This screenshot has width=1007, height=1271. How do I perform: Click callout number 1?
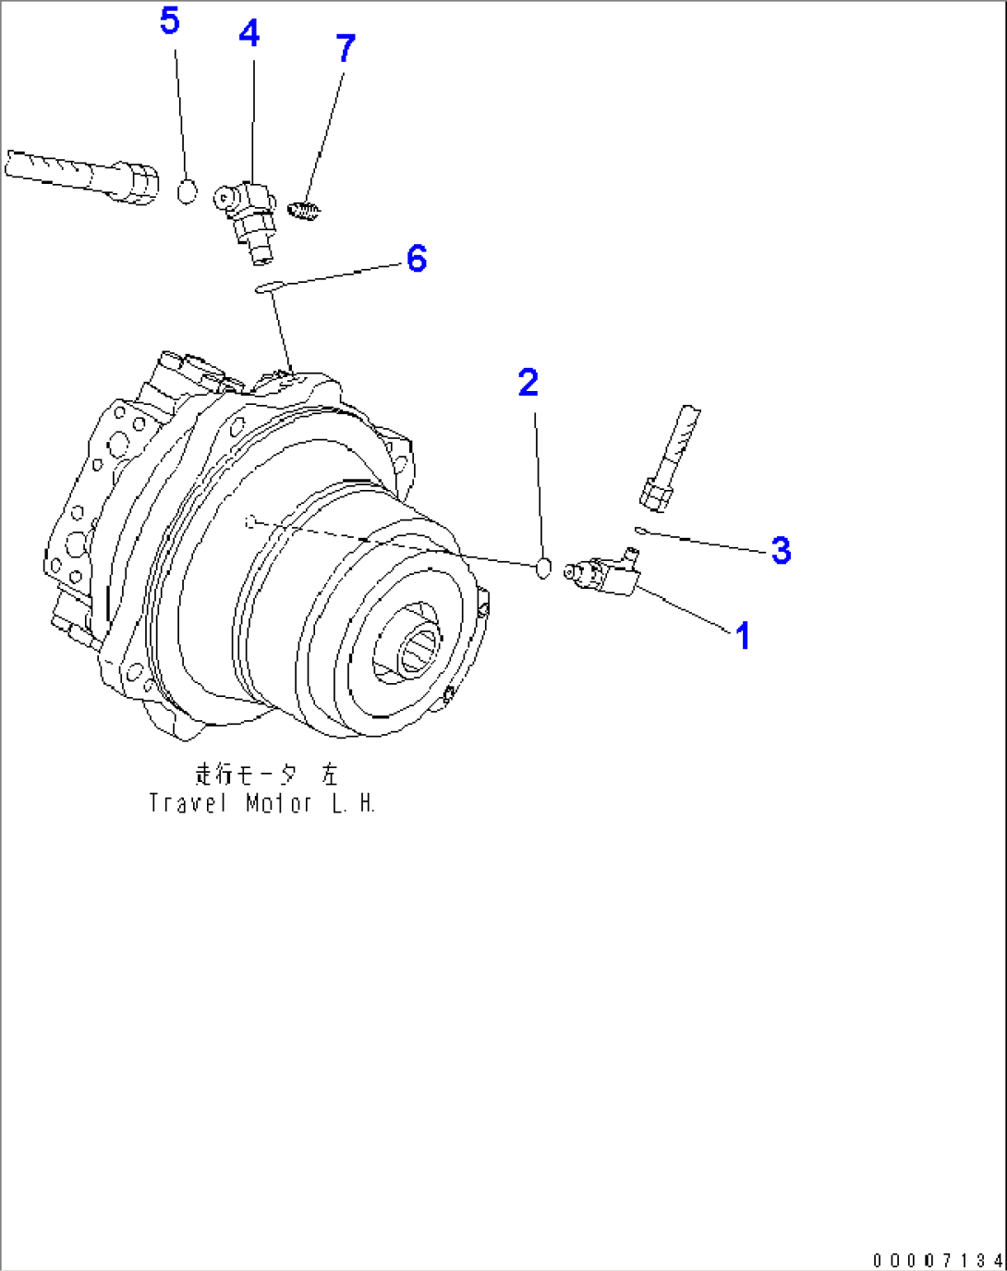pos(742,636)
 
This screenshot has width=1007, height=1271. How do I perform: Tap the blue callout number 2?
pos(528,383)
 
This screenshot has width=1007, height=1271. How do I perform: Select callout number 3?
pos(781,550)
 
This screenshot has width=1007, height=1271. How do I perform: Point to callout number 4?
pos(249,34)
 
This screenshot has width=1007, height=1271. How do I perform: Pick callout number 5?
pos(169,20)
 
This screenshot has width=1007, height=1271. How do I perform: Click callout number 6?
pos(417,259)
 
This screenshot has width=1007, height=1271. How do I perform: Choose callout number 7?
pos(346,48)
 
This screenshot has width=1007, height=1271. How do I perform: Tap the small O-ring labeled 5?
pos(187,192)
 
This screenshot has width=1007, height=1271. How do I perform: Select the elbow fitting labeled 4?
pos(248,212)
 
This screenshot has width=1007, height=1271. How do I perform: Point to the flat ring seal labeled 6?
pos(266,289)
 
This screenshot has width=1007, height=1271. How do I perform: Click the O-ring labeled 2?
pos(544,568)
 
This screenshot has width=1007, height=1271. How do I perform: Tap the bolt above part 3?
pos(671,458)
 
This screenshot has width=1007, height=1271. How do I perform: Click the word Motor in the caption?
pos(279,803)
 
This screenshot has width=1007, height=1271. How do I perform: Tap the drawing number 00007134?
pos(937,1261)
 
